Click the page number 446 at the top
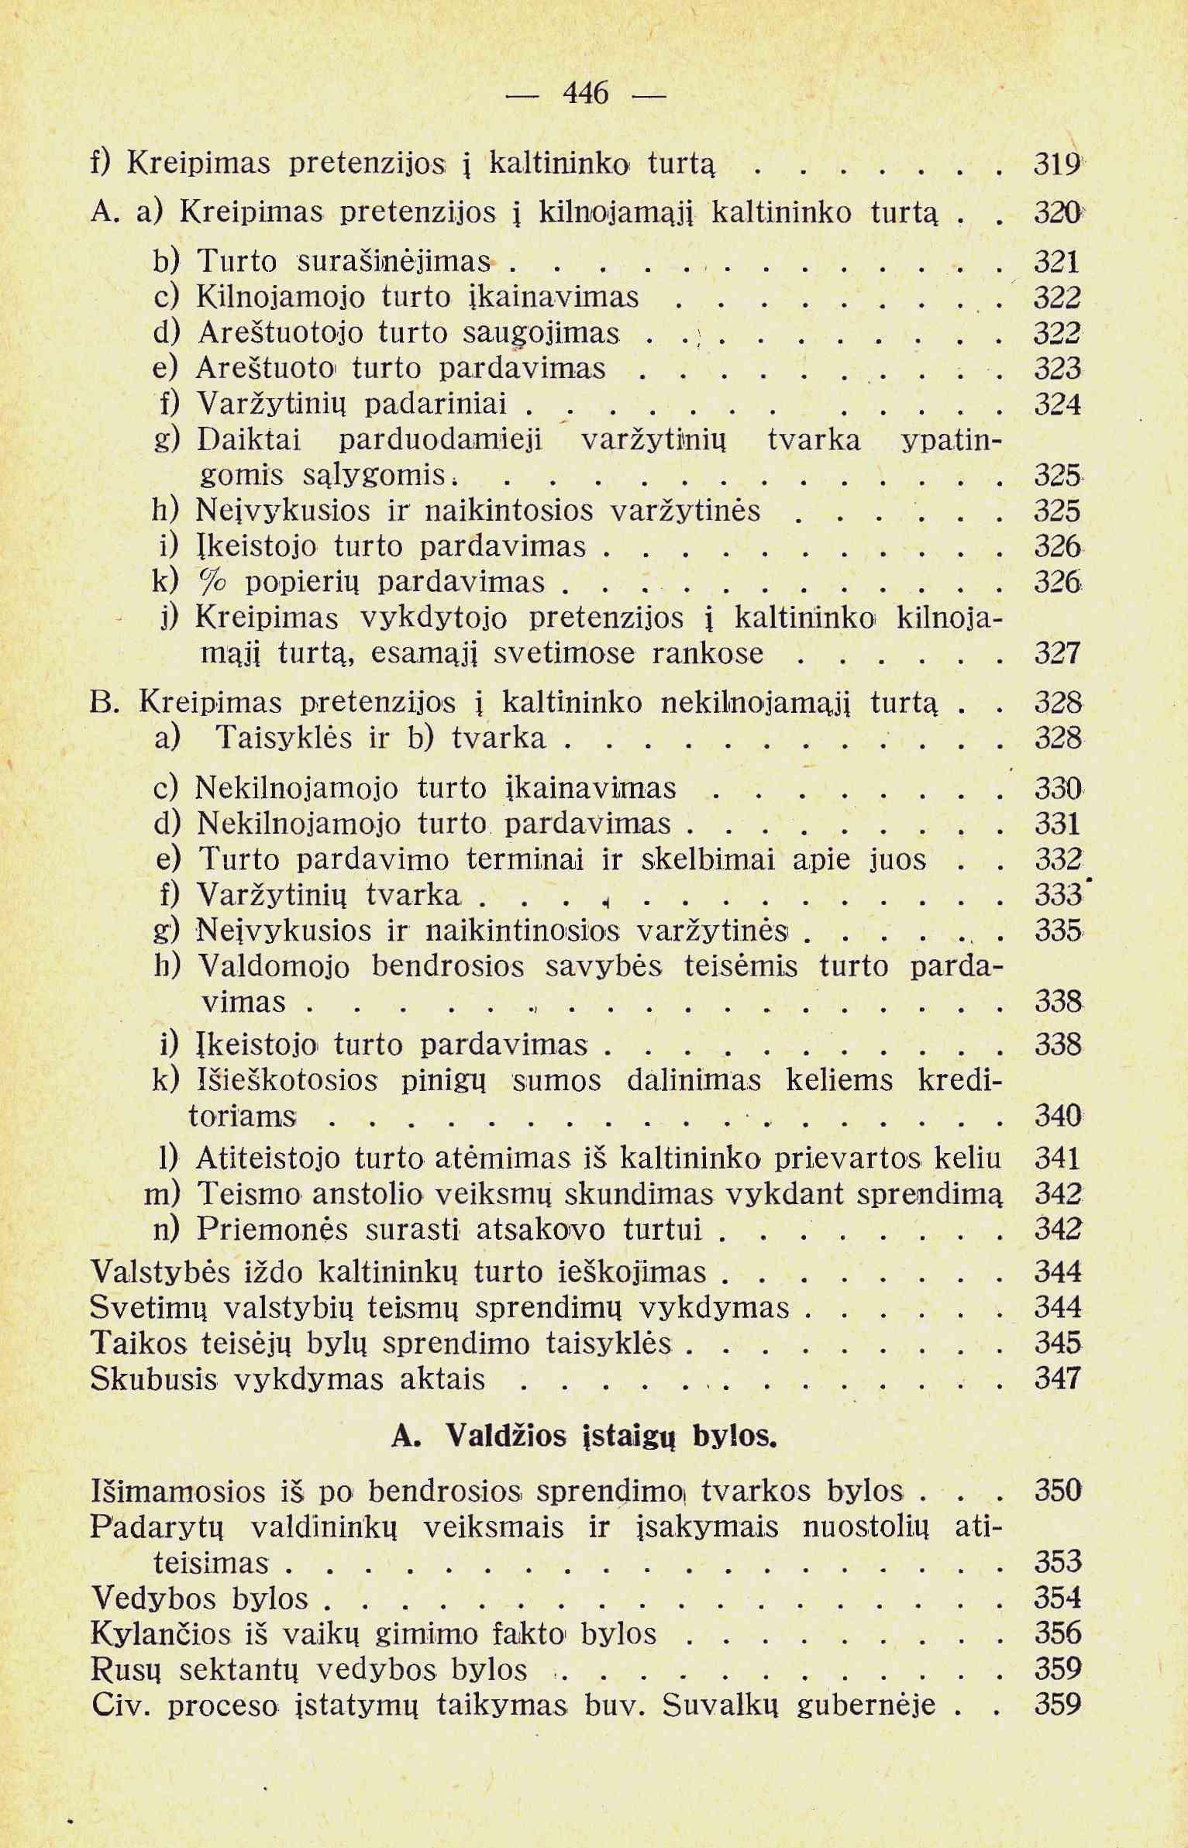586,95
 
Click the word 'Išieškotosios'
288,1081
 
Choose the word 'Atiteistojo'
268,1158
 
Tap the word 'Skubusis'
153,1378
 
